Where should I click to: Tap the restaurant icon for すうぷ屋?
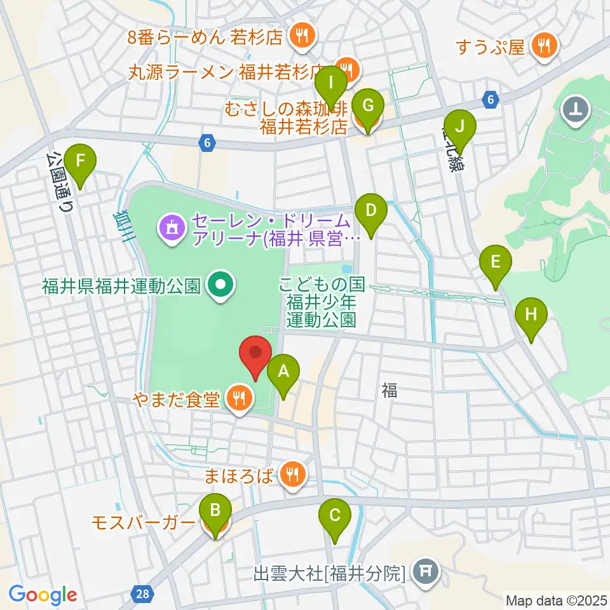544,45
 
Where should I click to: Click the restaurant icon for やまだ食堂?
239,399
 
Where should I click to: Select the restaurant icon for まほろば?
292,474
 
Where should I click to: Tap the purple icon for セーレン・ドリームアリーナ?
170,227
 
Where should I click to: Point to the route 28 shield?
143,593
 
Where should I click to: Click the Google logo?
43,595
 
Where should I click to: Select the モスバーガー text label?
142,523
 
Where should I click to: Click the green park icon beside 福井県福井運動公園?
220,286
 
